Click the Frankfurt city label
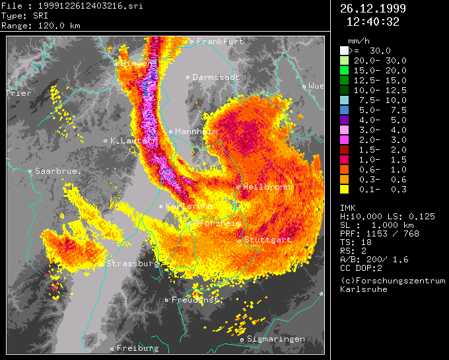(x=220, y=42)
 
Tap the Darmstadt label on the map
(x=216, y=77)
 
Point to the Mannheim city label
(x=196, y=131)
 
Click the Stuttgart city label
(x=267, y=240)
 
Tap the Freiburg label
(x=137, y=347)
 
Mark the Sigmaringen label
(x=276, y=339)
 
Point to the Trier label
(x=18, y=93)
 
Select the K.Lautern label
(x=134, y=140)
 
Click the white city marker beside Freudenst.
(x=167, y=300)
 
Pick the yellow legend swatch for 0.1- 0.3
(x=344, y=190)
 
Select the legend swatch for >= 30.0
(x=344, y=50)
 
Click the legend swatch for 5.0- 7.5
(x=344, y=110)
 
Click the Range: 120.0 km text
(x=32, y=25)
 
